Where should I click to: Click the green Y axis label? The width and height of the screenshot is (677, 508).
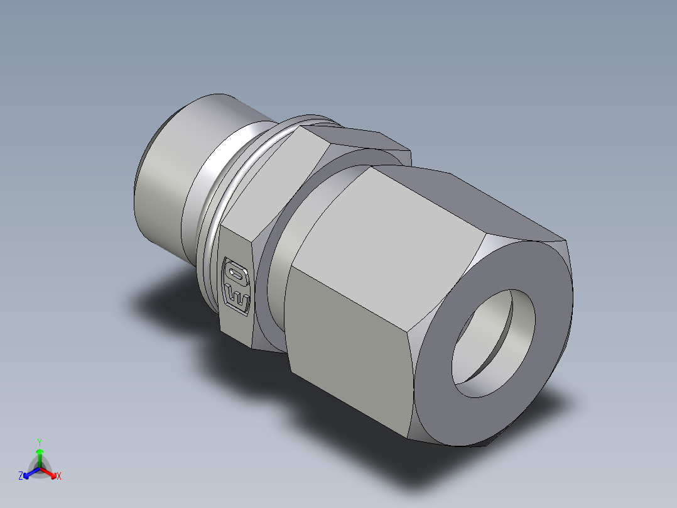pyautogui.click(x=39, y=442)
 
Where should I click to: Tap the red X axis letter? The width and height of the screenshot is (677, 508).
pyautogui.click(x=58, y=476)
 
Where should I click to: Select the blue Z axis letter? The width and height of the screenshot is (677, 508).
pyautogui.click(x=21, y=476)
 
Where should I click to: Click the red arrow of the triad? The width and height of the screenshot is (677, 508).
pyautogui.click(x=50, y=472)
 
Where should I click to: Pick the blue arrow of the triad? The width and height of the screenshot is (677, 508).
pyautogui.click(x=30, y=472)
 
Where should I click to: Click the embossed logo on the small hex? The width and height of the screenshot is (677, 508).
pyautogui.click(x=237, y=286)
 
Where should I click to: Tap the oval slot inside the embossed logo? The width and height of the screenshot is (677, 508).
pyautogui.click(x=237, y=273)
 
